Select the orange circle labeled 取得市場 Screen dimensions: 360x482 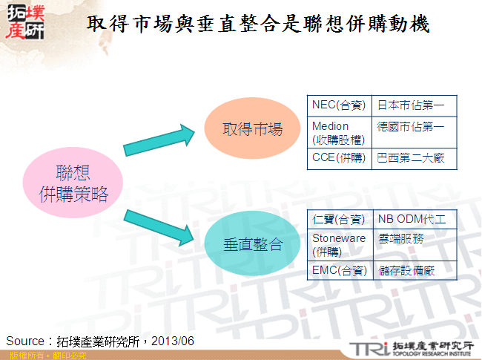pos(253,129)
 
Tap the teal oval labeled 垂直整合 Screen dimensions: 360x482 pos(253,243)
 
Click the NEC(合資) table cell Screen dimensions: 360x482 pos(339,105)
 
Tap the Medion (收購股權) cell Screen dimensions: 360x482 pos(339,132)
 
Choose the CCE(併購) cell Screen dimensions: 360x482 pos(339,159)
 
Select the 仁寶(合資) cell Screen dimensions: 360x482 pos(339,220)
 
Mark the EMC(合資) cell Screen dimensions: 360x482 pos(339,271)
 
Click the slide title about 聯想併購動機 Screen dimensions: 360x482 pos(258,24)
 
